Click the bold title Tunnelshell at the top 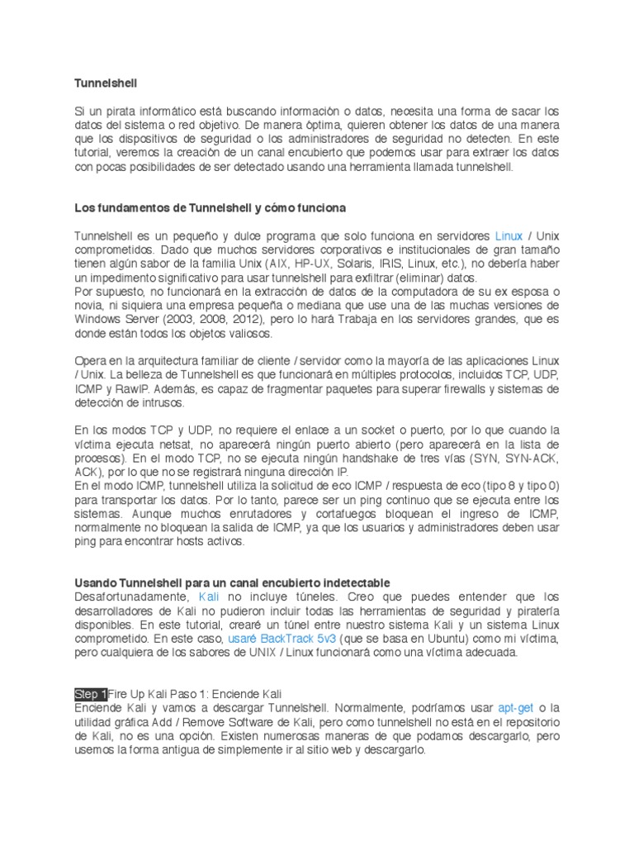tap(105, 83)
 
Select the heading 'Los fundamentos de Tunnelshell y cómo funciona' tap(211, 207)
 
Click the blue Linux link tap(509, 236)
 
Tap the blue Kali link tap(211, 596)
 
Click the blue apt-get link tap(516, 709)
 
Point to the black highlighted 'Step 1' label tap(91, 695)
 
